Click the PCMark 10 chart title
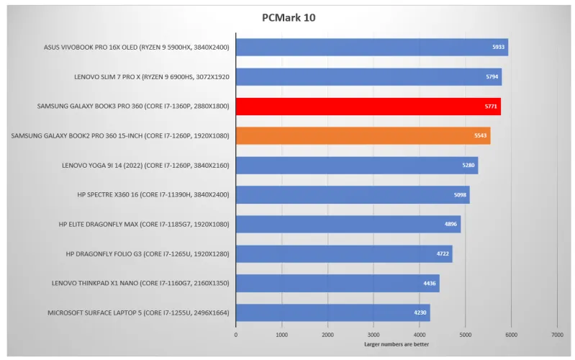tap(287, 17)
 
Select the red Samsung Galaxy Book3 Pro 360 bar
tap(368, 107)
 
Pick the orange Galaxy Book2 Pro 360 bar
tap(363, 136)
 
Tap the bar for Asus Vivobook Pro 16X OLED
tap(371, 48)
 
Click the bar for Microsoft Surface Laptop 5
tap(332, 312)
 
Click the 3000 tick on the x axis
tap(373, 335)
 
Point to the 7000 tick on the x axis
tap(557, 335)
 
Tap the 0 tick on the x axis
tap(236, 335)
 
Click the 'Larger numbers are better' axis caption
tap(396, 344)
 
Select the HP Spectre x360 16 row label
tap(153, 194)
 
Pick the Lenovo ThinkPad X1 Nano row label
tap(140, 283)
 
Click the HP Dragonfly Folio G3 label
tap(147, 253)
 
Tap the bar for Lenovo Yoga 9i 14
tap(356, 166)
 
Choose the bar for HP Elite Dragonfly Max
tap(348, 224)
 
